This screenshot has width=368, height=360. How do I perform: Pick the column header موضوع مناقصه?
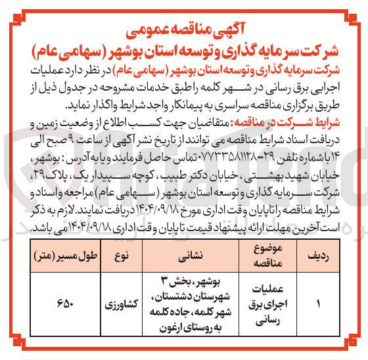262,253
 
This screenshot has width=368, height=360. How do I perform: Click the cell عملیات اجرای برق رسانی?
262,305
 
